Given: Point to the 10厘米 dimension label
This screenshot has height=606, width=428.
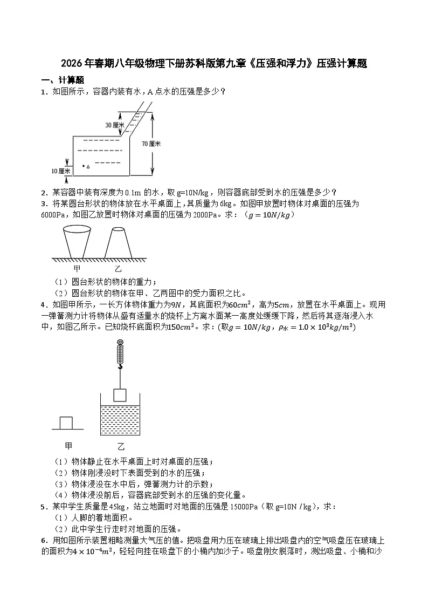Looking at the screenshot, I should click(x=60, y=171).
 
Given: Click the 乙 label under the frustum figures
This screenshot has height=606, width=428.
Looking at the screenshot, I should click(x=118, y=268).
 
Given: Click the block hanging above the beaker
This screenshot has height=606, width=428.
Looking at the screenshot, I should click(x=120, y=394).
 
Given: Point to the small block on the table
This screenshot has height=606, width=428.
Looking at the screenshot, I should click(x=66, y=421).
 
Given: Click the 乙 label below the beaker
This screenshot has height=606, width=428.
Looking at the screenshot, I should click(x=121, y=446).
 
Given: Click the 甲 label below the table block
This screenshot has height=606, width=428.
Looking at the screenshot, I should click(x=68, y=446).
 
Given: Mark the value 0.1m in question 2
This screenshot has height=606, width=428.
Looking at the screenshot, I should click(x=132, y=193).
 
